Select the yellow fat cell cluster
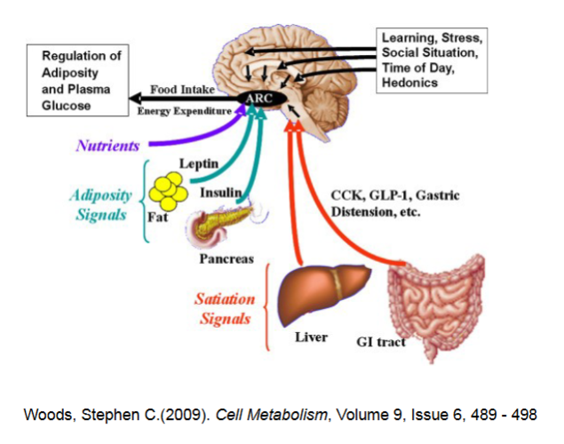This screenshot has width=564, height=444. click(x=167, y=191)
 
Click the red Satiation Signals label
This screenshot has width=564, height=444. click(x=225, y=308)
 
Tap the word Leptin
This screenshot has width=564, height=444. click(x=199, y=164)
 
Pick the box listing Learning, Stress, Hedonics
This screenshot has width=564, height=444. click(x=432, y=60)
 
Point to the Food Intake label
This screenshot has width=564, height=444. click(x=179, y=90)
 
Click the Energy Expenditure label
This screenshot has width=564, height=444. click(x=184, y=111)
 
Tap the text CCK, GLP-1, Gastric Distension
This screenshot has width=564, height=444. click(x=394, y=203)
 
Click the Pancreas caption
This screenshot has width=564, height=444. click(x=226, y=260)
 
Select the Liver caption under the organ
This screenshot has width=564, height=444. click(x=311, y=337)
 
